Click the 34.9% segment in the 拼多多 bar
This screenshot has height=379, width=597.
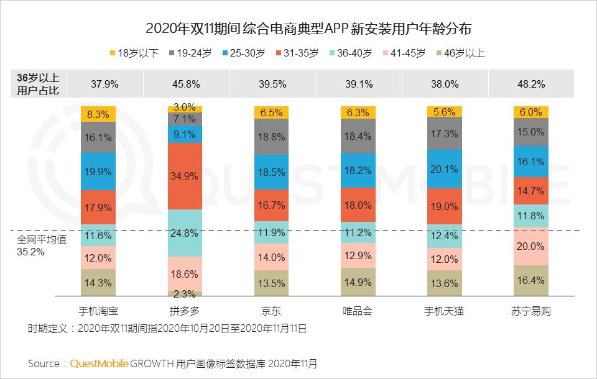click(x=185, y=176)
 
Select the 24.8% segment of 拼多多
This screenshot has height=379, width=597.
click(x=185, y=234)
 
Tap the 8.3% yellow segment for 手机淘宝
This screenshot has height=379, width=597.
click(x=99, y=114)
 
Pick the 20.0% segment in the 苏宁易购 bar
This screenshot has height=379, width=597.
click(x=531, y=245)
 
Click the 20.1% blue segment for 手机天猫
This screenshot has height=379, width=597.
click(x=445, y=169)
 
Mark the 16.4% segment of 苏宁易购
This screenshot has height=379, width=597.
click(x=531, y=280)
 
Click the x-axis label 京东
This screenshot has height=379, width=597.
click(x=272, y=311)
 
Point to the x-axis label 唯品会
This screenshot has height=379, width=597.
click(x=358, y=311)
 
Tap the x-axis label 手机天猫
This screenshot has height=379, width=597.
click(x=445, y=311)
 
